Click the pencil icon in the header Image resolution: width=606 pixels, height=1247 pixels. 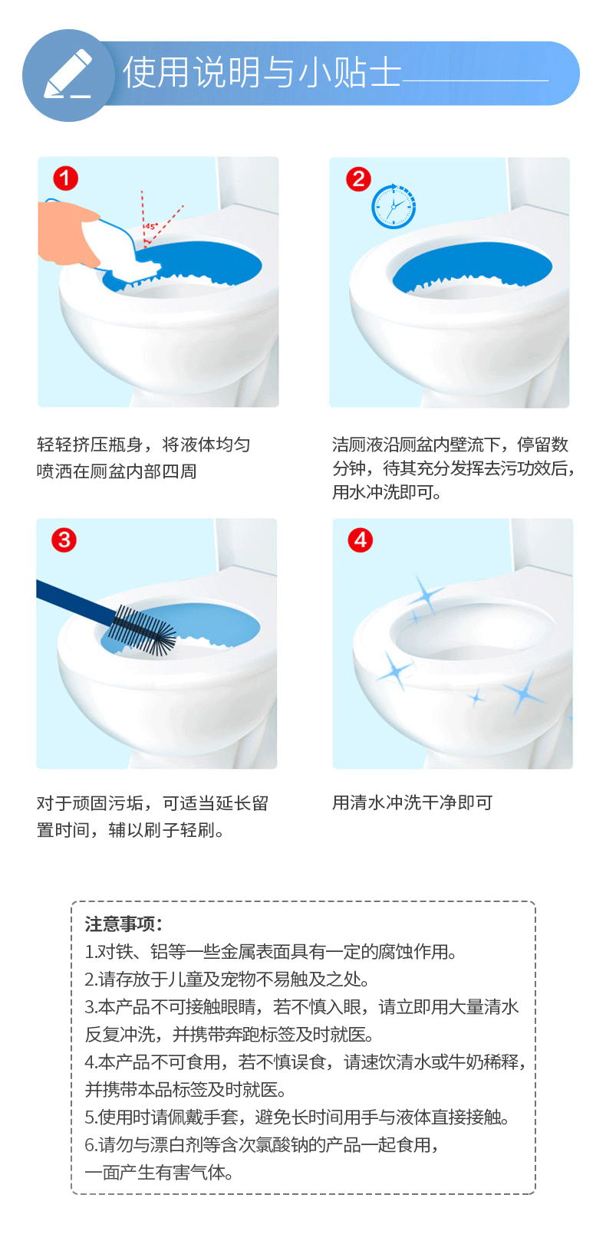(x=68, y=74)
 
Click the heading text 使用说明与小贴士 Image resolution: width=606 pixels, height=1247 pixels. (x=262, y=72)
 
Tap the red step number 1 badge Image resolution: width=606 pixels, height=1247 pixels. (x=65, y=179)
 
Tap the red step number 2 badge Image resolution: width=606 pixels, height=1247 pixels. (x=359, y=179)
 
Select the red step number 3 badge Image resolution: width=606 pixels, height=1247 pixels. (x=64, y=540)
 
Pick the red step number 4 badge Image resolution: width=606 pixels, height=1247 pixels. (x=361, y=540)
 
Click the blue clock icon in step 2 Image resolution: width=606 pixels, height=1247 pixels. (x=394, y=206)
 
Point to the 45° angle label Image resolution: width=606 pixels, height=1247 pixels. (x=152, y=227)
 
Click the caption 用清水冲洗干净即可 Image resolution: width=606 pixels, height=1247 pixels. (x=412, y=802)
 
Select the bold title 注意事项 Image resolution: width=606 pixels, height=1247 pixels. (x=123, y=924)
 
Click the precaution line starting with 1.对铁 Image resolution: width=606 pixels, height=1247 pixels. (x=271, y=952)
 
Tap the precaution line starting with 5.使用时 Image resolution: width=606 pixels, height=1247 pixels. (x=297, y=1117)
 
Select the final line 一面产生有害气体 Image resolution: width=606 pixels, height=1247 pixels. (x=159, y=1173)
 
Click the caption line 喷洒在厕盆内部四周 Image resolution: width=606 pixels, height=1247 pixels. (x=117, y=471)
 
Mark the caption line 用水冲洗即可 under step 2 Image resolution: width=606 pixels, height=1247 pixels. (x=387, y=492)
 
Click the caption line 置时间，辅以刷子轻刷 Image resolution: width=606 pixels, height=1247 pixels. (x=130, y=830)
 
